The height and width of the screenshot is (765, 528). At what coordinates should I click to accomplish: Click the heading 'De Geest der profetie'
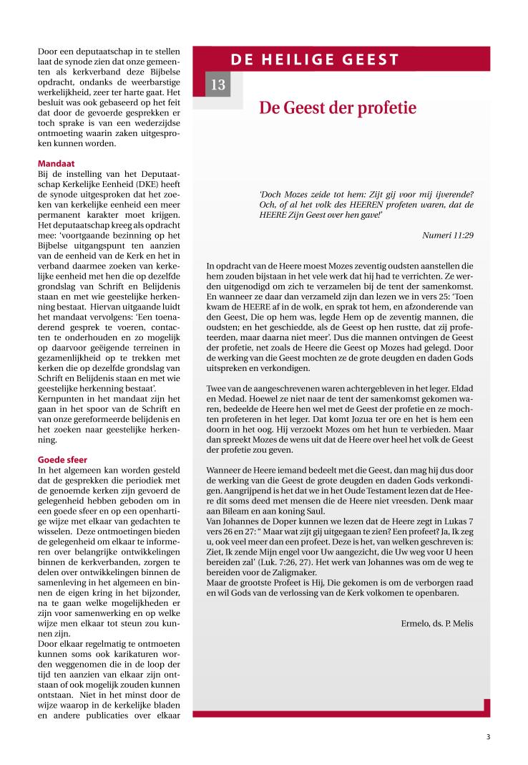tap(337, 108)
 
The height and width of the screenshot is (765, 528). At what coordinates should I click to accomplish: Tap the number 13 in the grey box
tap(218, 85)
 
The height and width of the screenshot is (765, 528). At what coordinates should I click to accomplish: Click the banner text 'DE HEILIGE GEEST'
tap(315, 59)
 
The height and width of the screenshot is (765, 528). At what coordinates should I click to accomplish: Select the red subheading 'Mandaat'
tap(56, 163)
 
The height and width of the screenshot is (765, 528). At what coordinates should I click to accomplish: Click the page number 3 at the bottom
tap(488, 737)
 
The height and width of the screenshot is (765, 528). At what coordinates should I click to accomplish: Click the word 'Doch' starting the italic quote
tap(271, 194)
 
